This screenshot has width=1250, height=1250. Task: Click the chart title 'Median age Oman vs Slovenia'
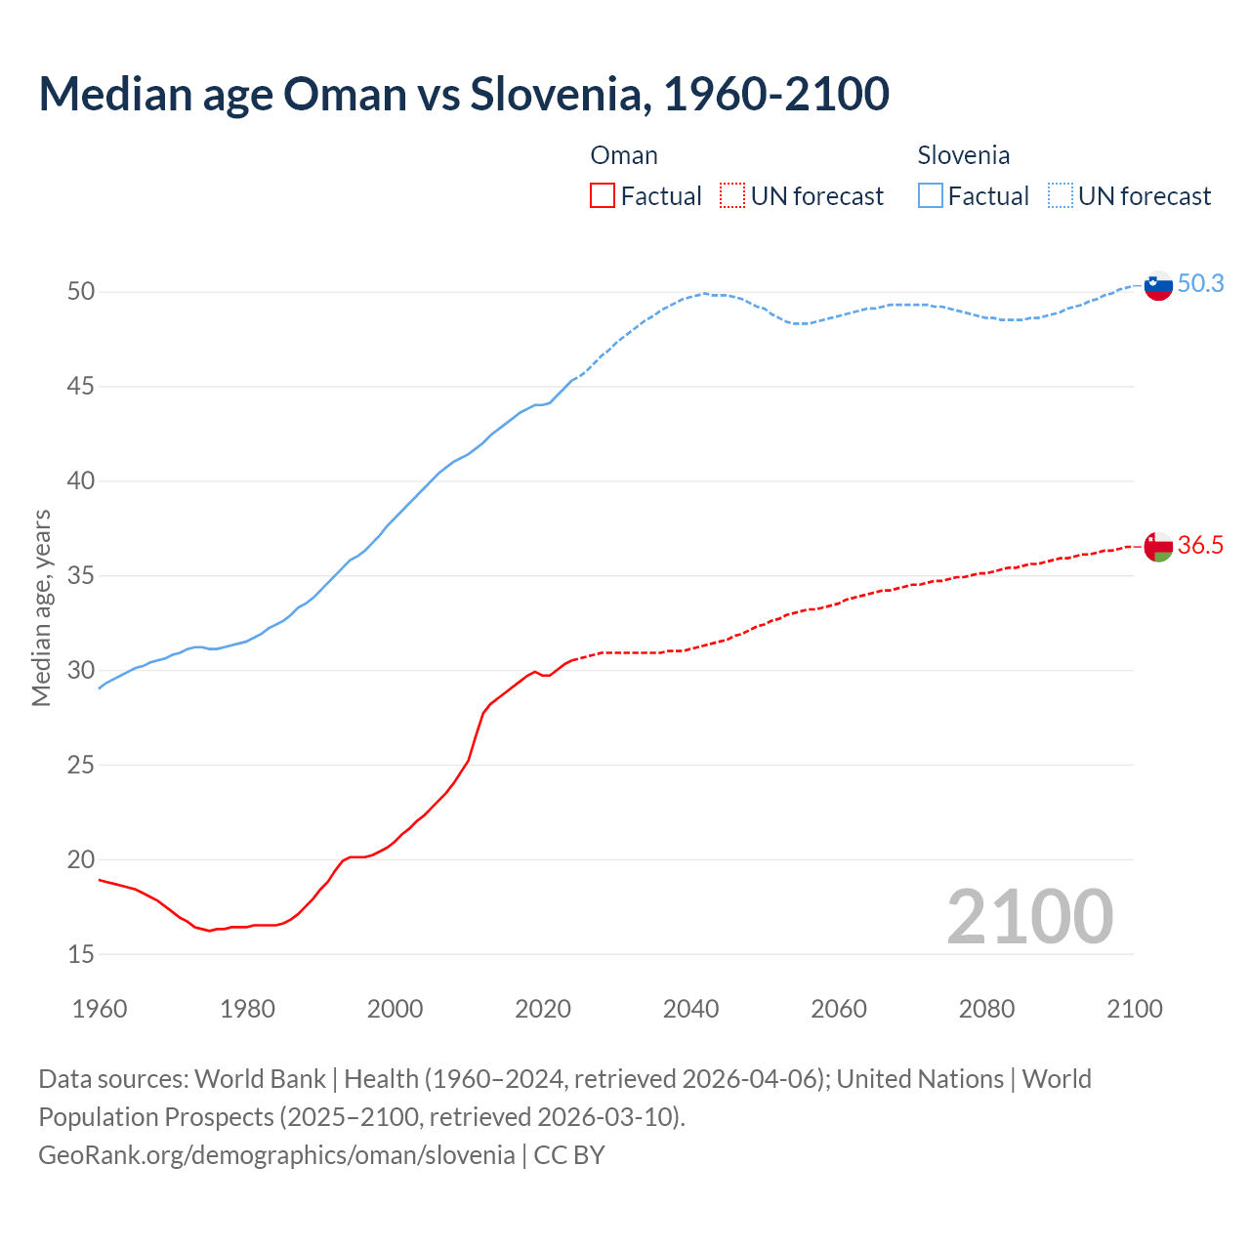coord(464,94)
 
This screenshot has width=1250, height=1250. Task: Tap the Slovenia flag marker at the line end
coord(1157,286)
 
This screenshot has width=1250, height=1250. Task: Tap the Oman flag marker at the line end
coord(1157,547)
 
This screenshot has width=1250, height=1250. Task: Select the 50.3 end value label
coord(1200,283)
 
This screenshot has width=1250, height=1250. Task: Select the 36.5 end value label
coord(1200,545)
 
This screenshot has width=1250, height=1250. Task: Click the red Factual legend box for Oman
coord(603,196)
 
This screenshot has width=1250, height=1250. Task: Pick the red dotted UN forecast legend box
coord(732,196)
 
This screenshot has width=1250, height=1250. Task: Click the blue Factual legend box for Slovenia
coord(931,196)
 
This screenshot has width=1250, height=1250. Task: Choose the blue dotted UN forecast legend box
coord(1061,196)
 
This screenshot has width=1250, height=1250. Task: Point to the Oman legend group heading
coord(624,155)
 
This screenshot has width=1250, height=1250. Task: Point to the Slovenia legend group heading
coord(963,155)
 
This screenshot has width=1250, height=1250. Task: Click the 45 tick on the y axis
coord(81,387)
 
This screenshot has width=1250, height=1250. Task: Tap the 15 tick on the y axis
coord(81,954)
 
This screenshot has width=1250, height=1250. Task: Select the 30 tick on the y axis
coord(81,670)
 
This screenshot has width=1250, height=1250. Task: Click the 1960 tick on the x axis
coord(100,1009)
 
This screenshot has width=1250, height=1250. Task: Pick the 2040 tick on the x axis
coord(690,1009)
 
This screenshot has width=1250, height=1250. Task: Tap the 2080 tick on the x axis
coord(986,1009)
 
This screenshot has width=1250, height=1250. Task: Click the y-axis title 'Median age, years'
coord(41,607)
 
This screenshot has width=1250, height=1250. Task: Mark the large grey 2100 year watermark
coord(1029,916)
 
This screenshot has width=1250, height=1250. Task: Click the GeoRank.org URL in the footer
coord(276,1155)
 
